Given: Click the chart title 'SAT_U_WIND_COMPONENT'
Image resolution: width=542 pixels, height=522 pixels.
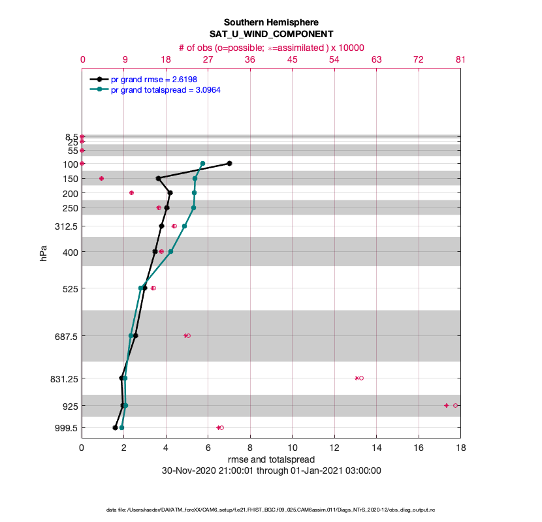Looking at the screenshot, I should coord(271,34).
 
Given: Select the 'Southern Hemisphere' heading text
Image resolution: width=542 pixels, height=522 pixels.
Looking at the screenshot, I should coord(271,22).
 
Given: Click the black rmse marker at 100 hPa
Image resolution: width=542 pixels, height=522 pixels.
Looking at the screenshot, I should coord(229,163).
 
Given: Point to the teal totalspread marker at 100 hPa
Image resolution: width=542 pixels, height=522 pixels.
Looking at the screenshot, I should coord(202,163).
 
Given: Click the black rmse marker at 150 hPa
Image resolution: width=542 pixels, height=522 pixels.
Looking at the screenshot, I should coord(158,178).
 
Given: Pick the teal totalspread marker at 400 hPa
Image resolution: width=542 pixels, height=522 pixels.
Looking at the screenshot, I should coord(170,251).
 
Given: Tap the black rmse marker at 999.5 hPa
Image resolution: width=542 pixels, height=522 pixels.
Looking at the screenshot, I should coord(115,427).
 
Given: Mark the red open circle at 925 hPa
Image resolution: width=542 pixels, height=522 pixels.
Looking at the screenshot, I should coord(456,405).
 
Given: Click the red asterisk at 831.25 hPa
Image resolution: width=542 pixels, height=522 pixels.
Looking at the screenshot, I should coord(357,378).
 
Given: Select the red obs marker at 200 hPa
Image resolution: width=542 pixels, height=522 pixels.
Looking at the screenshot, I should coord(131,192).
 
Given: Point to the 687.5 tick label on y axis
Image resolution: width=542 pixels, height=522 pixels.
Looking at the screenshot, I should coord(64,335).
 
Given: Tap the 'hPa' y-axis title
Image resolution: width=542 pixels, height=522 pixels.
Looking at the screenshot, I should coord(44,253).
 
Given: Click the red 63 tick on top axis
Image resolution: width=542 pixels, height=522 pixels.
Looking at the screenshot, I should coord(376,59).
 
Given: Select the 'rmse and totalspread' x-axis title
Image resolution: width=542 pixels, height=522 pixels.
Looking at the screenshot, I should coord(271,459).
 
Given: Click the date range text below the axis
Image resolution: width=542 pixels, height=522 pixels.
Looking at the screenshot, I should coord(271,470).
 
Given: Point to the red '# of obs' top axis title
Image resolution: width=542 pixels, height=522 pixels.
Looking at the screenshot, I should coord(271,47).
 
